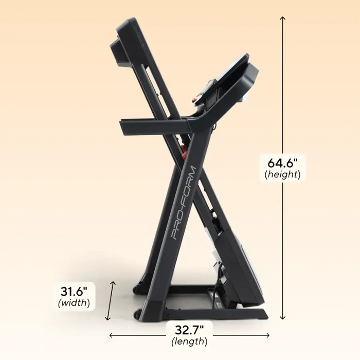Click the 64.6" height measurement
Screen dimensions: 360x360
pyautogui.click(x=282, y=163)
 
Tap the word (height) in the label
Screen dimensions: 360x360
pyautogui.click(x=282, y=175)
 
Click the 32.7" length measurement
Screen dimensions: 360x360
pyautogui.click(x=190, y=330)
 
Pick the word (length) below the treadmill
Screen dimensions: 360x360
pyautogui.click(x=190, y=341)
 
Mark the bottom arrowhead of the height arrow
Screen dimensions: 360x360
pyautogui.click(x=282, y=319)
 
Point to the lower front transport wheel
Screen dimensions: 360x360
pyautogui.click(x=137, y=313)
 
